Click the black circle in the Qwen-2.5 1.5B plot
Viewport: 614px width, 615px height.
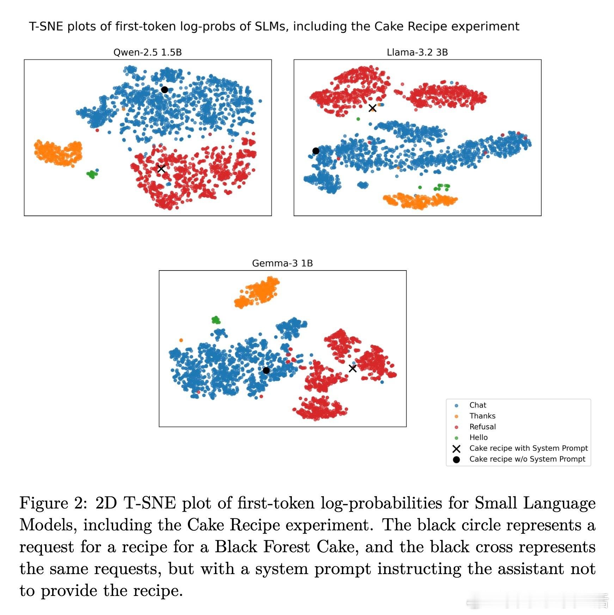164,90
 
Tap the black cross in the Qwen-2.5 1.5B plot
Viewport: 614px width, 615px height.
161,169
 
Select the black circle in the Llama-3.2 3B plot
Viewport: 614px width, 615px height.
316,151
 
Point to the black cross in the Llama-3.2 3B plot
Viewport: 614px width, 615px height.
372,108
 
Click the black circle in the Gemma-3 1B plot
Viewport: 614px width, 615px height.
266,370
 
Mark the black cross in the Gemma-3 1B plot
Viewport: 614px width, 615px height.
352,368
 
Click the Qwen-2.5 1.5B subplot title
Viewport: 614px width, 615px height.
147,53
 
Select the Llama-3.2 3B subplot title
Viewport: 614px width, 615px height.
417,53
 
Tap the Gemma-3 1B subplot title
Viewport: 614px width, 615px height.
282,263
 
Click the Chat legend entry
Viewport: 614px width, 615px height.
478,405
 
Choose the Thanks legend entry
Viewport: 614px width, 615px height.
482,416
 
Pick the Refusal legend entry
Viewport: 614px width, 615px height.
482,427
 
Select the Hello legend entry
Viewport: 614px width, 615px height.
478,438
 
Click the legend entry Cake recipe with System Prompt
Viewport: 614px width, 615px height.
528,448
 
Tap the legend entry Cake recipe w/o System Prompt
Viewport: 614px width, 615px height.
527,459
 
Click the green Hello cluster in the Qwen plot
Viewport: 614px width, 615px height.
92,174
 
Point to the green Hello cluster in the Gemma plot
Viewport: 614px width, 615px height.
216,320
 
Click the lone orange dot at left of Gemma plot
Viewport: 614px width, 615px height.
181,340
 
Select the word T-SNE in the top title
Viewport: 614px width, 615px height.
46,26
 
